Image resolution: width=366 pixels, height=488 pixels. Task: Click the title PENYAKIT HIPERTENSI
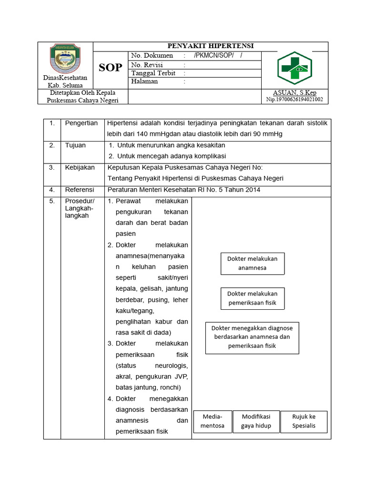click(210, 46)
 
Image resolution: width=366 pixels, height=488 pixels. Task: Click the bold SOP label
click(111, 68)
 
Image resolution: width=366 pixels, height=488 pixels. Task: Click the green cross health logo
click(294, 68)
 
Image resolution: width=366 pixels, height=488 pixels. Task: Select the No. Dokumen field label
click(152, 56)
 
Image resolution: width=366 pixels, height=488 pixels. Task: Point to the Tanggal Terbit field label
click(153, 73)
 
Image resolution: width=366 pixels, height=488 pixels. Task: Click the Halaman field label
click(144, 81)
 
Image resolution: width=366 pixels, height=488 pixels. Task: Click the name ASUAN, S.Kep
click(294, 92)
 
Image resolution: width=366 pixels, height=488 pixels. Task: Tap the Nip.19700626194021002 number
click(294, 100)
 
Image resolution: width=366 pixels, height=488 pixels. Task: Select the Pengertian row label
click(81, 123)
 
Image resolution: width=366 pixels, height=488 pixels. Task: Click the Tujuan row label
click(75, 145)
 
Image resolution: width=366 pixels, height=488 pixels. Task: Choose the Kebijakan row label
click(80, 167)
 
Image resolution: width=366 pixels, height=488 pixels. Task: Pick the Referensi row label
click(80, 190)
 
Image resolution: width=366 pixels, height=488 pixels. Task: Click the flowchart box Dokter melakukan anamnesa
click(252, 263)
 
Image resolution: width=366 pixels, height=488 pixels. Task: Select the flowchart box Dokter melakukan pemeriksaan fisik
click(252, 298)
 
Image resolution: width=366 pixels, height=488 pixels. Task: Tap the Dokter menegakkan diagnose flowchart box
click(252, 337)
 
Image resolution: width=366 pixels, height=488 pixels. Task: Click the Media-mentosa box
click(212, 421)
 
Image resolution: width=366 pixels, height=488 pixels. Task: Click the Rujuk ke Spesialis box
click(304, 421)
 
